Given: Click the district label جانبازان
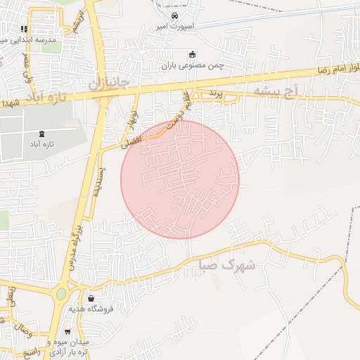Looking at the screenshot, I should (x=108, y=83).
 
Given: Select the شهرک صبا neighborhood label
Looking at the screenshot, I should (x=229, y=266).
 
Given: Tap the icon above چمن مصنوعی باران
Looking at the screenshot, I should (x=192, y=54).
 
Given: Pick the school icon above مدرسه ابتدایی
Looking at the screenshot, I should (x=24, y=30).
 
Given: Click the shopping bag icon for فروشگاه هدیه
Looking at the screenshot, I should (x=91, y=299).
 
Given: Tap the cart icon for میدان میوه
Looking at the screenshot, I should (x=67, y=332).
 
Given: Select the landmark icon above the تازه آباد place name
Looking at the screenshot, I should (x=44, y=134).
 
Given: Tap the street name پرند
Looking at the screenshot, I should (x=215, y=93).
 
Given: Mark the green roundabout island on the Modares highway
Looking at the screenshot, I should (x=61, y=293).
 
